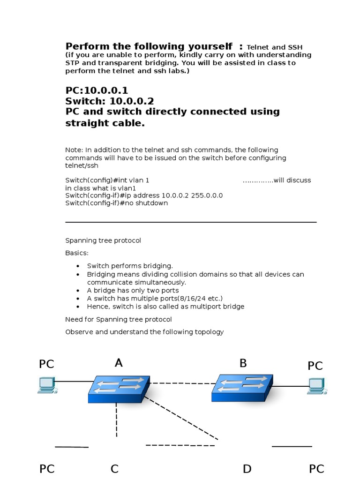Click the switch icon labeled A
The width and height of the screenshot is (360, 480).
(x=119, y=389)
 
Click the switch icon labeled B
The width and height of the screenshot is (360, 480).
(x=242, y=387)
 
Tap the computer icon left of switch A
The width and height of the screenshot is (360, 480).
(x=46, y=384)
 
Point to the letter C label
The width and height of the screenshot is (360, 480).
(x=114, y=469)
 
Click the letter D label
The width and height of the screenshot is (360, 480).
(x=247, y=469)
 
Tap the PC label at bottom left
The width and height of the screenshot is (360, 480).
(x=47, y=469)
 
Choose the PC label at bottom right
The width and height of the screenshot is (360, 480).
(x=317, y=469)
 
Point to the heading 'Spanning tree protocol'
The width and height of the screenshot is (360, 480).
(x=103, y=240)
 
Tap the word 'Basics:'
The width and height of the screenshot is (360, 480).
(x=77, y=253)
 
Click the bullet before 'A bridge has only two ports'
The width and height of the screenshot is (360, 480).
(x=78, y=291)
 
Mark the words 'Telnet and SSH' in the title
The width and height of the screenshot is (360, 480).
(x=274, y=47)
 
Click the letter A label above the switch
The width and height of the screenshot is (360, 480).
(x=119, y=362)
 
